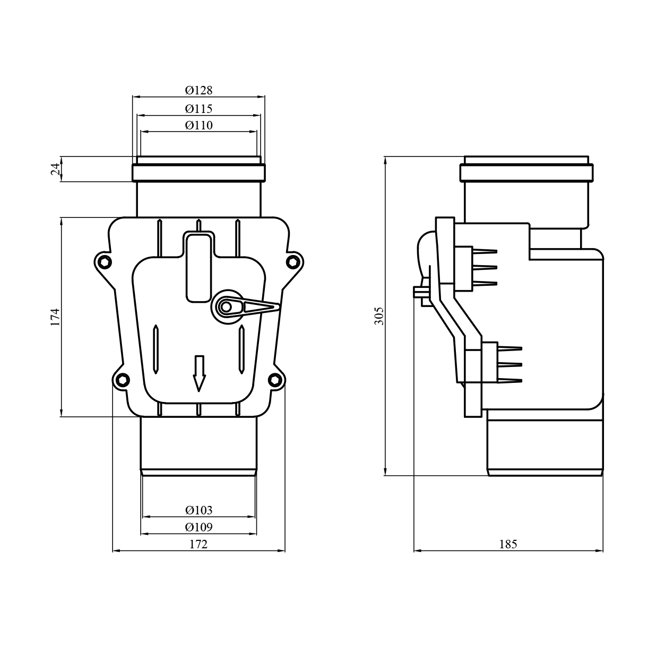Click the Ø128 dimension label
click(198, 90)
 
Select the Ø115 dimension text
click(198, 109)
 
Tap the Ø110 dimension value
click(198, 125)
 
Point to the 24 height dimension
click(56, 169)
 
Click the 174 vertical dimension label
click(56, 317)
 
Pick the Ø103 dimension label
click(198, 510)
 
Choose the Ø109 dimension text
click(198, 527)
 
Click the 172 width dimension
click(198, 544)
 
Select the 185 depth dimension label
click(507, 544)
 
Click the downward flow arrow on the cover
click(199, 373)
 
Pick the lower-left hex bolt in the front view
click(123, 379)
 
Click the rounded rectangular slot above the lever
click(198, 266)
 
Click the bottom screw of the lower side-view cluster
click(509, 380)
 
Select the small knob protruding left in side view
click(419, 291)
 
